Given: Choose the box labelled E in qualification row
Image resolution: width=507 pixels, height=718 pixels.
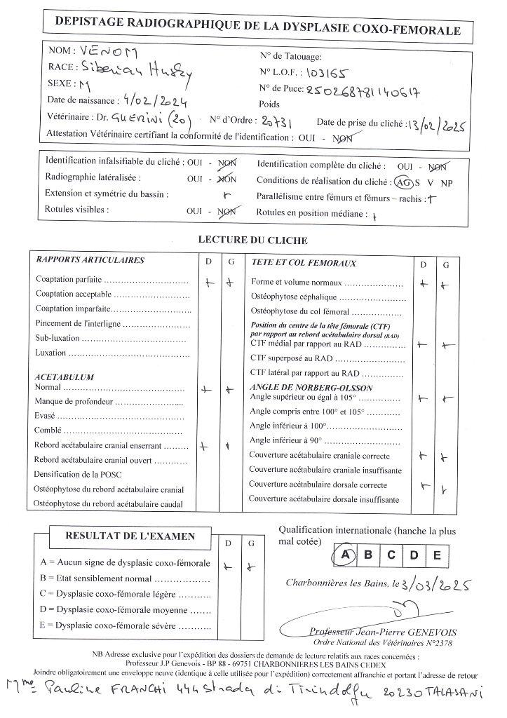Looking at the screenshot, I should tap(436, 555).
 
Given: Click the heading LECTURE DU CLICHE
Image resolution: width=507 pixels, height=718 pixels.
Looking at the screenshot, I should tap(252, 240).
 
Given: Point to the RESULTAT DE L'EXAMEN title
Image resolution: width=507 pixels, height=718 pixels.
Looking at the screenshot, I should tap(130, 536).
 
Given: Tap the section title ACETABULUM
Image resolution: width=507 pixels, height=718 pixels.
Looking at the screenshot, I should tap(65, 377).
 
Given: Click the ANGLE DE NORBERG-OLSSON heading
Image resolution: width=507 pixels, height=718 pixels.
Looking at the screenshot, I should tap(311, 388).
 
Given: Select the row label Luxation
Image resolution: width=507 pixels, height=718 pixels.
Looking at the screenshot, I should tap(50, 353).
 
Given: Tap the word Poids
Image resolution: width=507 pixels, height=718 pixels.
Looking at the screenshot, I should tap(269, 104).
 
